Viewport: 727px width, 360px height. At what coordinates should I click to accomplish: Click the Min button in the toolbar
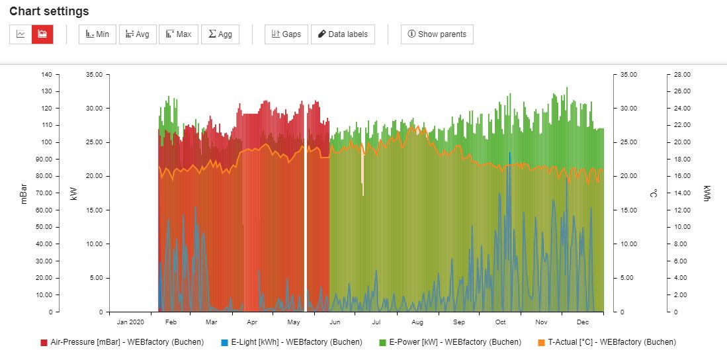[x=98, y=34]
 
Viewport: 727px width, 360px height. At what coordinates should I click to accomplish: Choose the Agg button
[x=220, y=34]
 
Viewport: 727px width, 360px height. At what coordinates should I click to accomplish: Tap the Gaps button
[x=286, y=34]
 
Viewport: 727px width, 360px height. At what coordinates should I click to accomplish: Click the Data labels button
[x=343, y=34]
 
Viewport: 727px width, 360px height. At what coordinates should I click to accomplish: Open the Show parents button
[x=437, y=34]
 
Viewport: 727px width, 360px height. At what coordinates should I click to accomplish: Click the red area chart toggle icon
[x=42, y=34]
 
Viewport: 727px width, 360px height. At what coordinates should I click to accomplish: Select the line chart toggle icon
[x=21, y=34]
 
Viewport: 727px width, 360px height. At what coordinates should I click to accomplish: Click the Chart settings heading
[x=49, y=11]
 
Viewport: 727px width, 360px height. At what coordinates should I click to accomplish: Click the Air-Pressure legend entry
[x=122, y=342]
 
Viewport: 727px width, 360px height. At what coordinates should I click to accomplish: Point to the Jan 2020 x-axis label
[x=130, y=322]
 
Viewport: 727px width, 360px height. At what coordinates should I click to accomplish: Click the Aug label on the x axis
[x=417, y=322]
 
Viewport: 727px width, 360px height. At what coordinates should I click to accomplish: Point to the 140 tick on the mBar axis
[x=46, y=75]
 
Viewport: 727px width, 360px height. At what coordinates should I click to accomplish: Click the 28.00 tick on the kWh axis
[x=679, y=75]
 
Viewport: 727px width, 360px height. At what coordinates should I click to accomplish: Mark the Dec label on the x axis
[x=582, y=322]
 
